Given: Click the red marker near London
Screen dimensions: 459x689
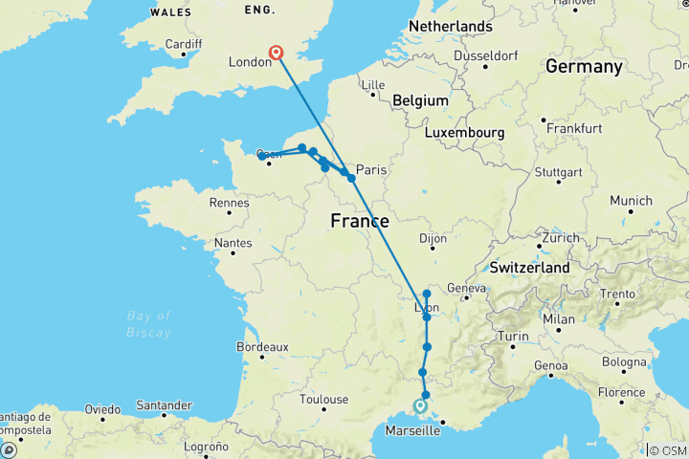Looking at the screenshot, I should [x=277, y=54].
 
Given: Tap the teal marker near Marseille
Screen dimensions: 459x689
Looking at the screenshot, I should [x=420, y=406].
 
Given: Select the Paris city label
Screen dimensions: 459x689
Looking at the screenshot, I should [x=370, y=170].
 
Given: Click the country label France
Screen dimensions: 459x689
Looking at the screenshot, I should [x=359, y=221].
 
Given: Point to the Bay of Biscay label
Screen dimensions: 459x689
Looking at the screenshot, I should [x=148, y=324].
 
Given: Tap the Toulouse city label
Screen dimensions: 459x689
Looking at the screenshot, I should [x=322, y=399].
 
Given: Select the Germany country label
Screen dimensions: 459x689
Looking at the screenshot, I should [x=584, y=66].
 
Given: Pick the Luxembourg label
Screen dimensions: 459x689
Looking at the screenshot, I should [x=465, y=131].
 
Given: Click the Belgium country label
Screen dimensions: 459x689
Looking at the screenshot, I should [x=419, y=100].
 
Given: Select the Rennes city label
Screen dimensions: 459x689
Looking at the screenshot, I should [x=230, y=203].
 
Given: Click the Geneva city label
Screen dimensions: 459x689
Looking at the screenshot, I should [x=467, y=288].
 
